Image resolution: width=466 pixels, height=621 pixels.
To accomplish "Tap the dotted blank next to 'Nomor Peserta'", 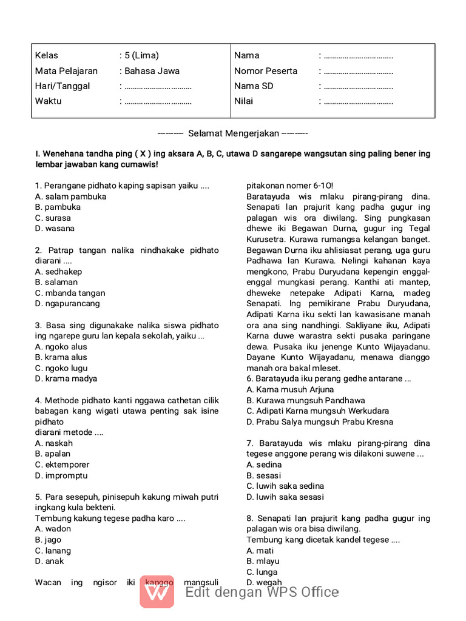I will click(x=358, y=72).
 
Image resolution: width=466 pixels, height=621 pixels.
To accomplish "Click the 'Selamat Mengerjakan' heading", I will click(x=233, y=133).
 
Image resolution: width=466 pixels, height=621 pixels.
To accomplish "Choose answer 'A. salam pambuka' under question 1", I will click(x=70, y=196).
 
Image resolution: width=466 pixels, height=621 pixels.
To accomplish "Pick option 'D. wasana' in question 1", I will click(x=55, y=229).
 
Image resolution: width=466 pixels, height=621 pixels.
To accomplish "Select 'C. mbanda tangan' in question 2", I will click(x=70, y=293).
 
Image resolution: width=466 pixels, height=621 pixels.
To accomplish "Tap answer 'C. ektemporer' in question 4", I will click(x=62, y=465).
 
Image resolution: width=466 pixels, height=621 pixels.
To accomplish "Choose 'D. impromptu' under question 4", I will click(x=61, y=475).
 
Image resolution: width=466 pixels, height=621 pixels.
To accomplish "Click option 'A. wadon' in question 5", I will click(x=53, y=529).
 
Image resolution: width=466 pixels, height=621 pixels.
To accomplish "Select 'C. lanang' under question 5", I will click(x=53, y=551).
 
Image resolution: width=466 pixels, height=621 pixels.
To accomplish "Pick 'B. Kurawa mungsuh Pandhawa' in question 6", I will click(x=306, y=400).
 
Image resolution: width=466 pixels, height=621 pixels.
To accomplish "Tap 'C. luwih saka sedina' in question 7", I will click(x=285, y=486).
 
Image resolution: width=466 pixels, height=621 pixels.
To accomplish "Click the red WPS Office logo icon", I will click(x=157, y=591).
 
